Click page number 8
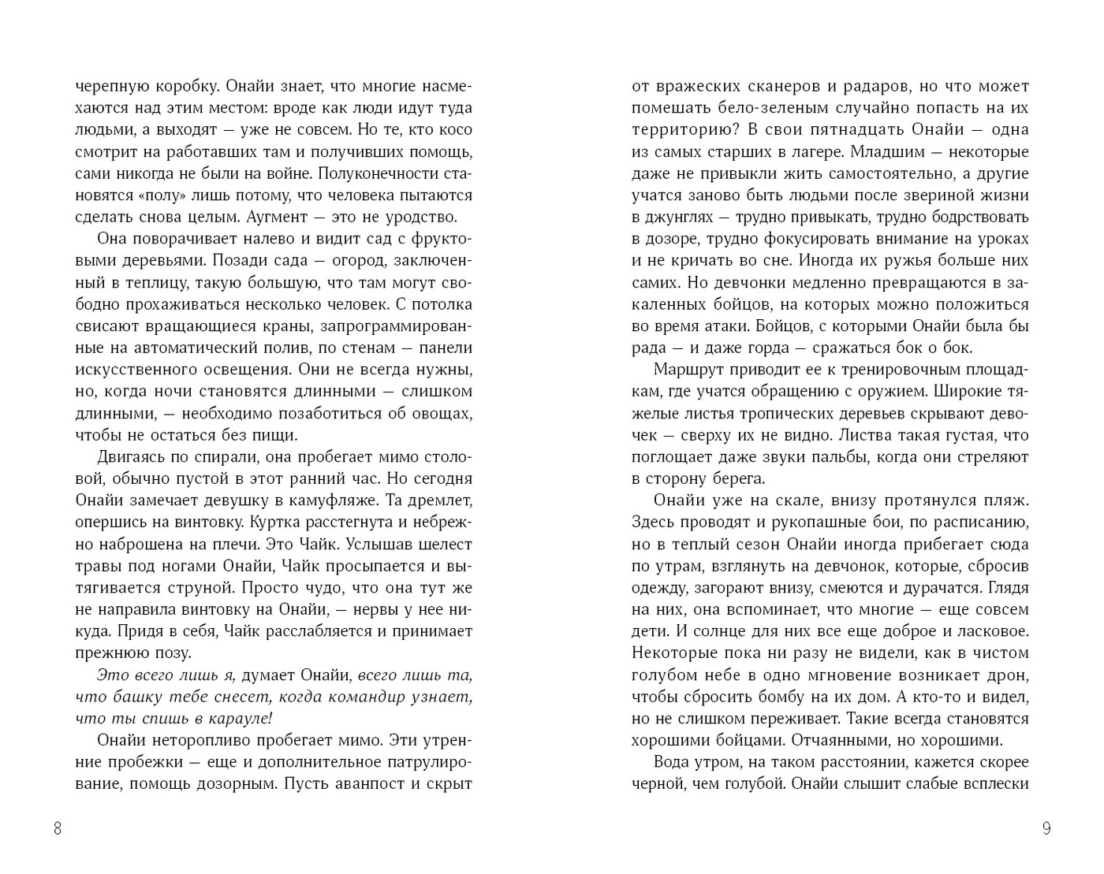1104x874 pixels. tap(58, 828)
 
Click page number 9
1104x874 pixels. tap(1046, 828)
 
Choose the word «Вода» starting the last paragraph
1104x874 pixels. tap(673, 762)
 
